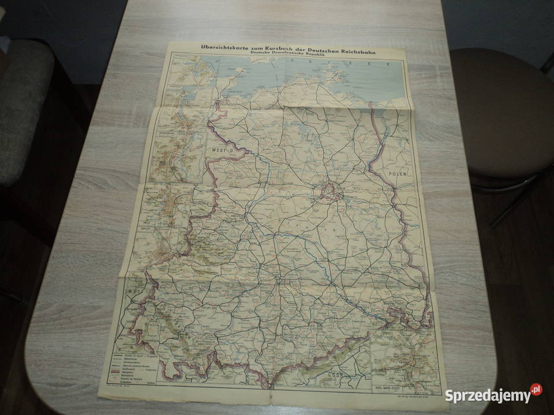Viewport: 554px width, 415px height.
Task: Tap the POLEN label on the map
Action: click(x=398, y=173)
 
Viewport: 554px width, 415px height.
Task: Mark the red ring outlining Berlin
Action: click(x=330, y=191)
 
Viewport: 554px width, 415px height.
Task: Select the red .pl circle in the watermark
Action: click(x=536, y=390)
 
